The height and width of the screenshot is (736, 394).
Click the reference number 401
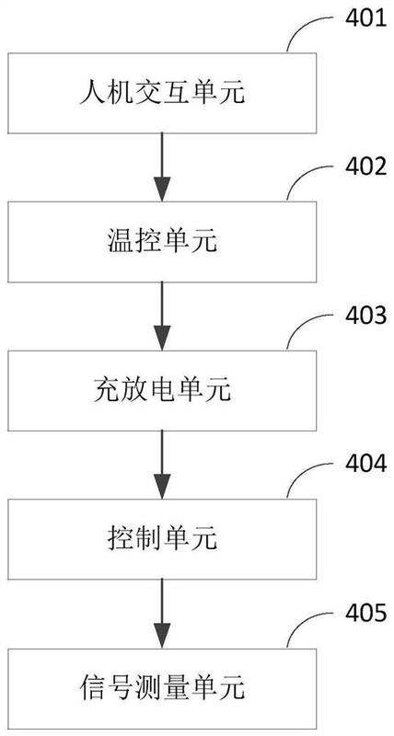pos(365,20)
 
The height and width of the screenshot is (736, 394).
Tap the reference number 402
pos(365,168)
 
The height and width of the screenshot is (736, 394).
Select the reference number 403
pos(365,316)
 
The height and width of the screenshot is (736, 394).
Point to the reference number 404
pos(365,465)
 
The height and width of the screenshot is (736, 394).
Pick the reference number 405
pos(365,614)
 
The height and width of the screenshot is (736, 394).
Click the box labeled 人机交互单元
pos(162,93)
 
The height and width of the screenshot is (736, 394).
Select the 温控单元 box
pos(162,241)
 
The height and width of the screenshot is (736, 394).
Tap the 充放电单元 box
pos(162,390)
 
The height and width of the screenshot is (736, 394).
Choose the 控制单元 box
pos(162,539)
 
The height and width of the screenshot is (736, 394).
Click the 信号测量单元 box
pos(162,688)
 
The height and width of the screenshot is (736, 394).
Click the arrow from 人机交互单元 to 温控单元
pos(162,167)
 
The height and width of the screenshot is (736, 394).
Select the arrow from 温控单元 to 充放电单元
pos(162,316)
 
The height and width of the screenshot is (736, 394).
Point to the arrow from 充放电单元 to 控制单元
pos(162,465)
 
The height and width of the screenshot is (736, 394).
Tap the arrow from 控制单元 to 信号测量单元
pos(162,614)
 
